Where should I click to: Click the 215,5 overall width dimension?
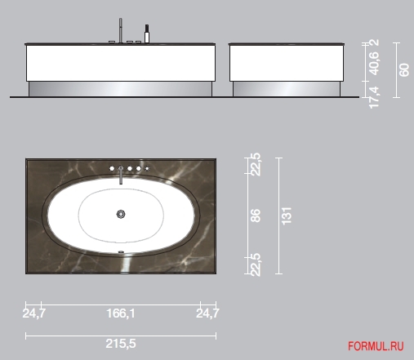[x=121, y=344]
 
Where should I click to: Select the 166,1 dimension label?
[x=121, y=313]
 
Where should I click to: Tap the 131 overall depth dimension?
[x=287, y=216]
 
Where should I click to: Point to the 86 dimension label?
[x=256, y=216]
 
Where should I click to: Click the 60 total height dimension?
[x=404, y=70]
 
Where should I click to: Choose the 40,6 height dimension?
[x=373, y=64]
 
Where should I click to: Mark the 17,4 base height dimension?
[x=373, y=97]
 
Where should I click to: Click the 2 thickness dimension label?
[x=375, y=42]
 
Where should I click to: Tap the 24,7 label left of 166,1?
[x=33, y=313]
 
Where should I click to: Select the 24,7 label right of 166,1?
[x=207, y=313]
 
